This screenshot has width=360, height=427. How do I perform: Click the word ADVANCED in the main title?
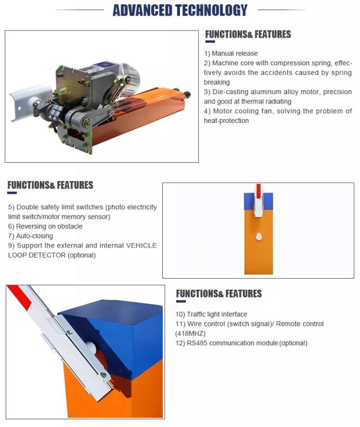click(x=142, y=11)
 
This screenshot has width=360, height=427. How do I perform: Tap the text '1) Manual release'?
click(x=230, y=53)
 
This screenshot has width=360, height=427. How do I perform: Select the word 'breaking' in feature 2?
click(x=217, y=82)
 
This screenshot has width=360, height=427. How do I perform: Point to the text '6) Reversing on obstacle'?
click(x=45, y=227)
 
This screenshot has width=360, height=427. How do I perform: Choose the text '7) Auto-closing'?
click(x=30, y=236)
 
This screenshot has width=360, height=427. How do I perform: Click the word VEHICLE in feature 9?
click(x=141, y=245)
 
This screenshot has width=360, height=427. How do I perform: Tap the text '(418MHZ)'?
click(x=191, y=333)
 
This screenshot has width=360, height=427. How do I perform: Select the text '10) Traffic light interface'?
click(x=212, y=314)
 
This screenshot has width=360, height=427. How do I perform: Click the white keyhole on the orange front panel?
click(x=259, y=236)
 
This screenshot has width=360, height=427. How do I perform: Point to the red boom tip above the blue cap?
click(x=259, y=191)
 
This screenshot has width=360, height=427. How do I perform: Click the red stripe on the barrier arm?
click(x=20, y=298)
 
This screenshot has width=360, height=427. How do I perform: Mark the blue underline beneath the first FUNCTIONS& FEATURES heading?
click(x=210, y=42)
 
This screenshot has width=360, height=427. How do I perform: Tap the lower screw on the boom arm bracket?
click(x=104, y=375)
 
